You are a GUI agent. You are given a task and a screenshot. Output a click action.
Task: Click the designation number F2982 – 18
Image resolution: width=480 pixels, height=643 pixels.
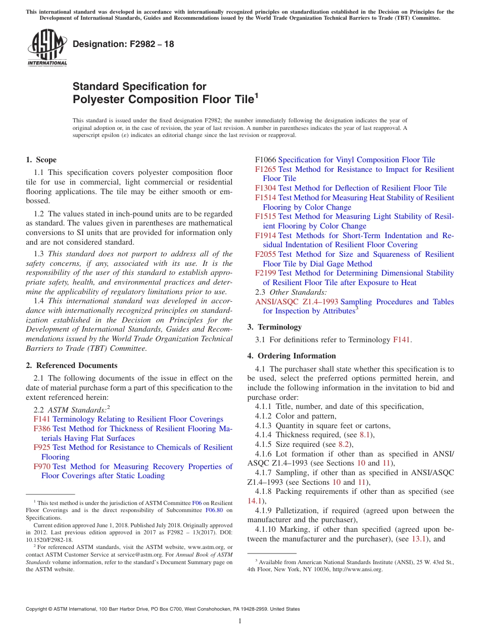coord(123,44)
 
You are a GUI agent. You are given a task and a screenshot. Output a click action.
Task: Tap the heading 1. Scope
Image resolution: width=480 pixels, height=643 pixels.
coord(41,160)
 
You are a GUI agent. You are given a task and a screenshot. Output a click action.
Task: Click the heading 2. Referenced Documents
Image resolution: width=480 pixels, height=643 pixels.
coord(71,365)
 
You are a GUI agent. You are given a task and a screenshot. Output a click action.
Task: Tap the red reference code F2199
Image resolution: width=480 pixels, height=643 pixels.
coord(265,273)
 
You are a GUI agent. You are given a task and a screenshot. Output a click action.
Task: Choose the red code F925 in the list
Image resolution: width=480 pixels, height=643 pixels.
coord(42,447)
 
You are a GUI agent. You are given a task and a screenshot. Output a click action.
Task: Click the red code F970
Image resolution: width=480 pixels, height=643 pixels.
coord(42,467)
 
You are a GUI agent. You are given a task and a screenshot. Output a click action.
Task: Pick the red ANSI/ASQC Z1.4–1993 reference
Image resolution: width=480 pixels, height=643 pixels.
coord(297,302)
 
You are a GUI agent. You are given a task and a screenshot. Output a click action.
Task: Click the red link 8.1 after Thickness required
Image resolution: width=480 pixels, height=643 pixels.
coord(365,435)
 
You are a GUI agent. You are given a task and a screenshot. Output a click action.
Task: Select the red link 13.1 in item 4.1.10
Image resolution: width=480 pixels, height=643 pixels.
coord(419,539)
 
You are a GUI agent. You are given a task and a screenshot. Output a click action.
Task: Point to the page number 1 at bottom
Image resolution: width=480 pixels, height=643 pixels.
coord(240,621)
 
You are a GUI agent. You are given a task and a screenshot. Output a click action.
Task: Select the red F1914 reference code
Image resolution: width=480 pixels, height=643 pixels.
coord(265,236)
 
